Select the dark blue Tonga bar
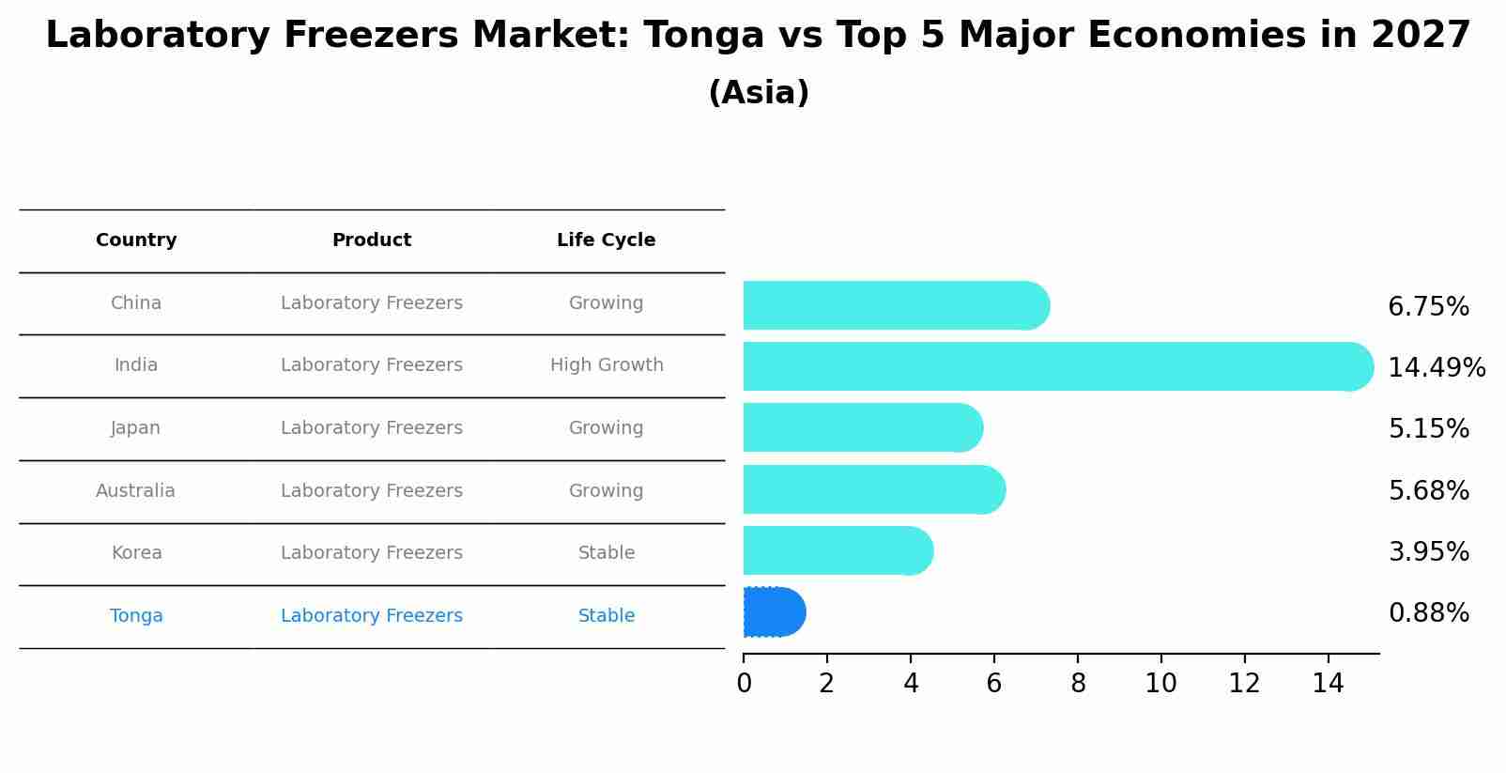[774, 612]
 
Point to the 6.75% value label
[1428, 307]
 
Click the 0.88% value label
[1428, 613]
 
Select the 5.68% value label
[1428, 490]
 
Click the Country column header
[136, 240]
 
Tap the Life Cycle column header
[606, 240]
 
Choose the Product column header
[372, 240]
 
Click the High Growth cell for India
[607, 365]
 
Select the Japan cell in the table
[136, 428]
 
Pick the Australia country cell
[135, 491]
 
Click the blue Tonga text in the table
[136, 616]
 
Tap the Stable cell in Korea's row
[607, 553]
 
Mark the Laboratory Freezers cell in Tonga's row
[372, 616]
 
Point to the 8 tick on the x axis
[1078, 684]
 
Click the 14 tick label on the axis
[1328, 684]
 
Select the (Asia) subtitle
[759, 93]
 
